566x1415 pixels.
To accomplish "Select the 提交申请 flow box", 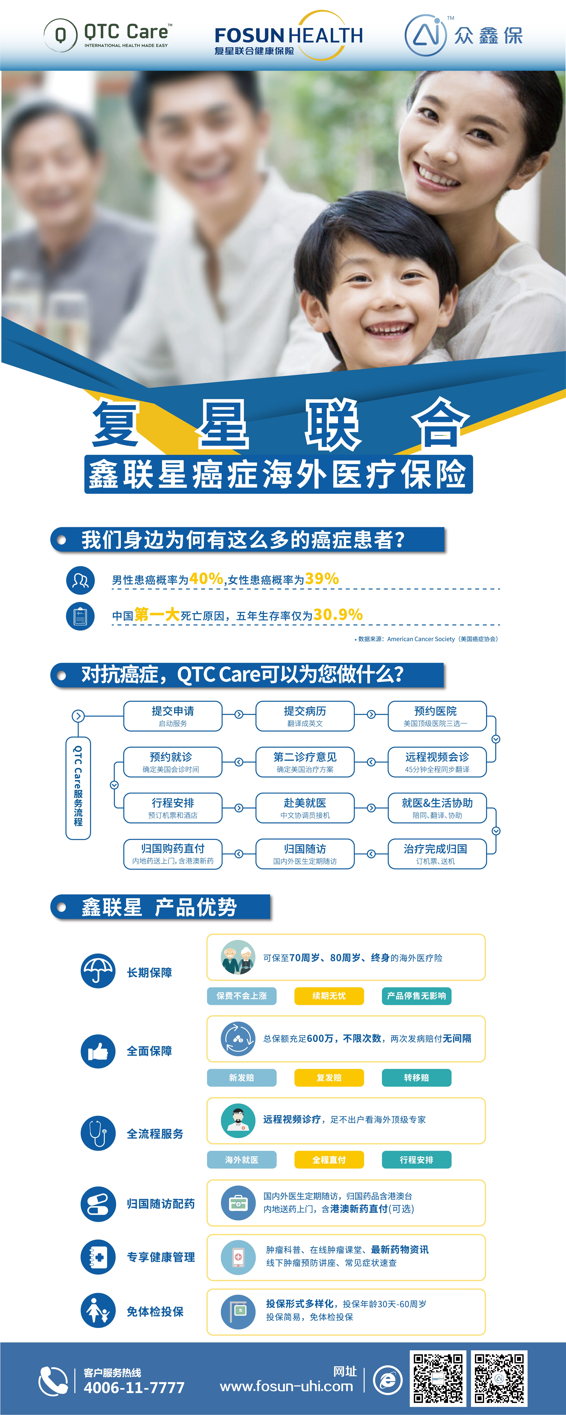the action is coord(173,716).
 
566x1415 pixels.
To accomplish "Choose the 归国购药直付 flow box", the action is coord(173,854).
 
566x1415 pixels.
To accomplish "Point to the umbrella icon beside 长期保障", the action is coord(98,971).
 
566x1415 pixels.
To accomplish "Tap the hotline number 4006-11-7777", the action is coord(134,1388).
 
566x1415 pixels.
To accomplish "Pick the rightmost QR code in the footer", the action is coord(499,1378).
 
